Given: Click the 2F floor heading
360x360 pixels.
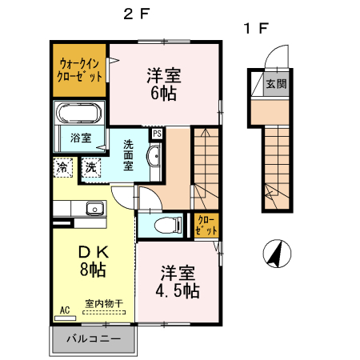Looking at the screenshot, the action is tap(136, 14).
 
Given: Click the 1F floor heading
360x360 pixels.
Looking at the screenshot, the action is tap(256, 29).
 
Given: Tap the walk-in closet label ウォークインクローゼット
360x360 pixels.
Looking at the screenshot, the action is tap(79, 70).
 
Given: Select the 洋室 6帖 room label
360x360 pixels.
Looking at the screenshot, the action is tap(164, 84).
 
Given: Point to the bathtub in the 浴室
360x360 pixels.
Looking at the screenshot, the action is tap(80, 113).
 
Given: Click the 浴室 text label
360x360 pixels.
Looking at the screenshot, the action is tap(81, 138).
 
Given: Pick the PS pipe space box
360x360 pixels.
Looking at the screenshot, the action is tap(157, 134).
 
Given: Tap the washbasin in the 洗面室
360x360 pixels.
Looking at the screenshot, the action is tap(154, 156).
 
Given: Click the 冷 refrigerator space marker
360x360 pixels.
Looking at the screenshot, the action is tap(63, 167).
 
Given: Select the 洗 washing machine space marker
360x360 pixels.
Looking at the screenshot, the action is tap(91, 167).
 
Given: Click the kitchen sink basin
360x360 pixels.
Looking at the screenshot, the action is tap(94, 208).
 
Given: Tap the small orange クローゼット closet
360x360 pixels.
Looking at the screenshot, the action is tap(206, 226).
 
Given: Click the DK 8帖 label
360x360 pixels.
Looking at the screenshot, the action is tap(93, 261).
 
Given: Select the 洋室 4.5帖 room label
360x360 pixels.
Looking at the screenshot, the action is tap(178, 282).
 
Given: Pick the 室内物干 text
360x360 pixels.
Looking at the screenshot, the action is tap(104, 304).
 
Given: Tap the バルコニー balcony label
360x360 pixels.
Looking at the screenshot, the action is tap(94, 339).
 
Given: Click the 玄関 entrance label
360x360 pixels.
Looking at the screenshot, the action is tap(276, 84).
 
